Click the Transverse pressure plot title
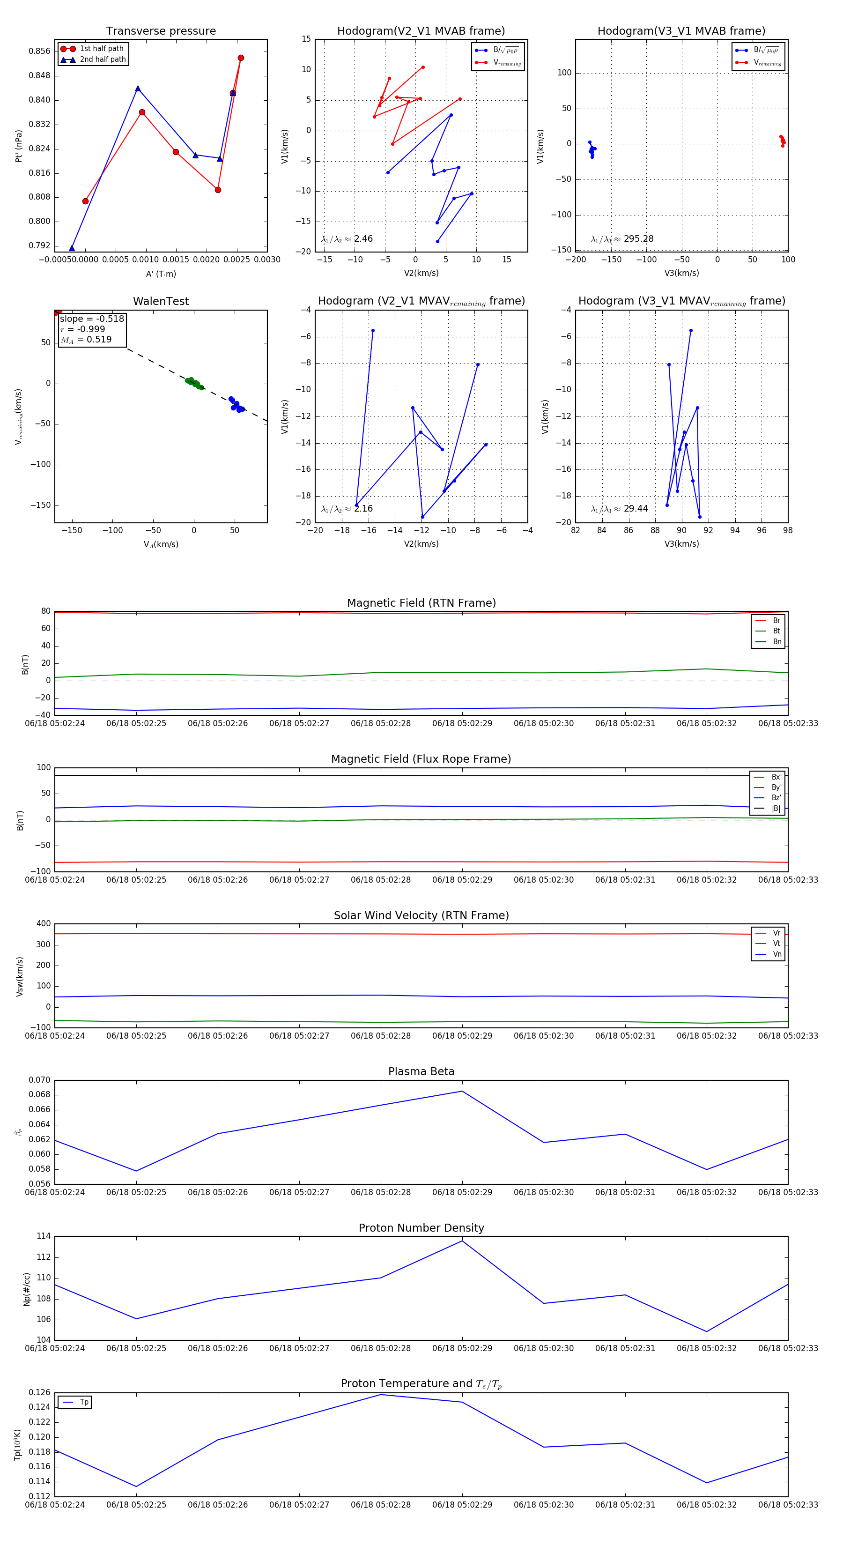[x=161, y=31]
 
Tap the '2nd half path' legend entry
[x=103, y=59]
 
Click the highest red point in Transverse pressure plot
[x=241, y=58]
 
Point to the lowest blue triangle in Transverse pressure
[x=72, y=248]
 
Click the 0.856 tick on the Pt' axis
[x=40, y=52]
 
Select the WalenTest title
[x=161, y=301]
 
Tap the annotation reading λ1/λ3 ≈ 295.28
[x=622, y=239]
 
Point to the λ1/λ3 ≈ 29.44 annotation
[x=619, y=509]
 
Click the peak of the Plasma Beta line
[x=462, y=1091]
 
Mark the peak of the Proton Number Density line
[x=462, y=1241]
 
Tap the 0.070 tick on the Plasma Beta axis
[x=40, y=1080]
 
